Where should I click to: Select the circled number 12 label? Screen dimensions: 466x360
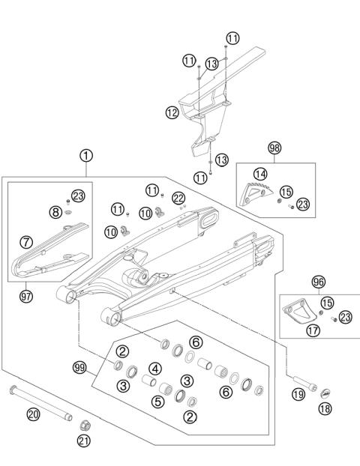(x=172, y=113)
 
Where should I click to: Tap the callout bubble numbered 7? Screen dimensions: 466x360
(x=26, y=242)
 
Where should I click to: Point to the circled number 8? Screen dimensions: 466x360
(x=55, y=212)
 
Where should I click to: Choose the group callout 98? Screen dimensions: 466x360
(x=274, y=148)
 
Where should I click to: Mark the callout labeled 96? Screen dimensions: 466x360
(x=318, y=282)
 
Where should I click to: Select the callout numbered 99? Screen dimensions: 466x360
(x=80, y=368)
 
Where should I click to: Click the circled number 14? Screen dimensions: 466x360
(x=260, y=174)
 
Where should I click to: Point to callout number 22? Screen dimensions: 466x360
(x=178, y=198)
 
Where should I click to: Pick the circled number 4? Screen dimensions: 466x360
(x=154, y=368)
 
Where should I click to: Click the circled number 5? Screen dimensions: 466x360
(x=158, y=402)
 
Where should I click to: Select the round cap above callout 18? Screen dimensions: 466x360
(x=325, y=392)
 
